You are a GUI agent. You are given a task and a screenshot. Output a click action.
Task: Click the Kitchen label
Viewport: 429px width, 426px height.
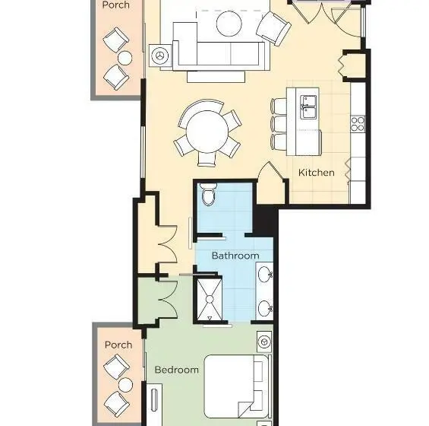point(317,173)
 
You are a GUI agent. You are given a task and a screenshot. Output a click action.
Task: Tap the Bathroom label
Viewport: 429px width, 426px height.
point(235,256)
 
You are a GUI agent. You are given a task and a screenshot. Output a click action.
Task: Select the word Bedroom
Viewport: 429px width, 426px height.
point(177,370)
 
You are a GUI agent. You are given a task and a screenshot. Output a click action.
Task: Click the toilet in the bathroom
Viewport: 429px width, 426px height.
point(209,194)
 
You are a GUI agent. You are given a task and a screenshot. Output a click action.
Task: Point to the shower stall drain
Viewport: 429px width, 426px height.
point(210,299)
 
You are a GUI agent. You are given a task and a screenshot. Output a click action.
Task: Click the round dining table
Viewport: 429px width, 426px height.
point(207,132)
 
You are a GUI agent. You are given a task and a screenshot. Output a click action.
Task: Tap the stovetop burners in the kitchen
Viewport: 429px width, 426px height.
point(358,124)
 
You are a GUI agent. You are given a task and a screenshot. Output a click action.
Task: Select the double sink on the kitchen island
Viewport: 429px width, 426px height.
point(309,107)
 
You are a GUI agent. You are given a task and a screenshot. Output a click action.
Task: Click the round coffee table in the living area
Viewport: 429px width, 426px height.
point(229,24)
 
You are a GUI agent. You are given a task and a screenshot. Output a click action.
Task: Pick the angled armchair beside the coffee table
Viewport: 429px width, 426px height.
point(273,28)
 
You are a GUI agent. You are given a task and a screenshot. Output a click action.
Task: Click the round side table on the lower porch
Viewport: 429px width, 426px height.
point(125,385)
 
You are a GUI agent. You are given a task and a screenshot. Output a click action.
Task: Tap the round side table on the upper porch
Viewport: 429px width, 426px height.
point(125,58)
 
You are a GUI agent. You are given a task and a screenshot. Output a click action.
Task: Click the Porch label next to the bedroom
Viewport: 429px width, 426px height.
point(118,345)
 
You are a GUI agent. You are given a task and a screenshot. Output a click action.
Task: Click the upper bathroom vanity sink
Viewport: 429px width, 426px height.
point(265,274)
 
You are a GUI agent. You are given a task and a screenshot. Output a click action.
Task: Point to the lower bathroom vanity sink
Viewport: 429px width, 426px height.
point(265,308)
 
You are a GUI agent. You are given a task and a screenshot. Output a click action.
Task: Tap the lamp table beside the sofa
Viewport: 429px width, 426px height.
point(160,56)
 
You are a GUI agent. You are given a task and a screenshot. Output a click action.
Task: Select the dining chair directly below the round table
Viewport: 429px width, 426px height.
point(207,159)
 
